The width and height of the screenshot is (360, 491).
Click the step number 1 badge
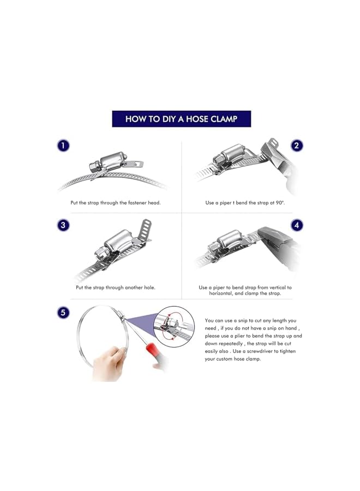63,146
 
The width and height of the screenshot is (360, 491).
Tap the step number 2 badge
296,146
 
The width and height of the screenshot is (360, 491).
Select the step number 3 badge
63,225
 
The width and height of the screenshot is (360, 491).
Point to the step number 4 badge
296,225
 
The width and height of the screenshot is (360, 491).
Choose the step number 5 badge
63,313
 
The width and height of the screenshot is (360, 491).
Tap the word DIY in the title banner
169,119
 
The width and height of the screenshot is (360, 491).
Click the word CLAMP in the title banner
224,119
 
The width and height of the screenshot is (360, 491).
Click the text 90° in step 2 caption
280,202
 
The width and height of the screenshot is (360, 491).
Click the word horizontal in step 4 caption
221,294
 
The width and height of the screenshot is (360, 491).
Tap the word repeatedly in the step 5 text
231,344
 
